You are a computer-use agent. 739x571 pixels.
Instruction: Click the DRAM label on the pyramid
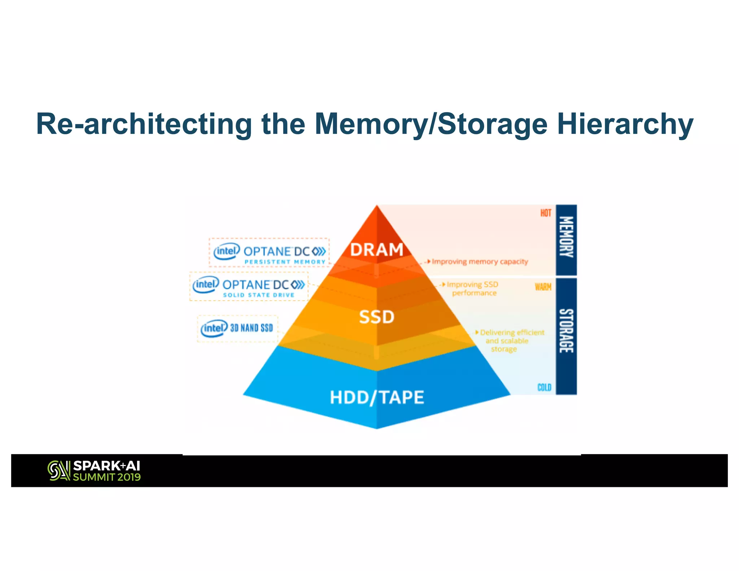coord(377,250)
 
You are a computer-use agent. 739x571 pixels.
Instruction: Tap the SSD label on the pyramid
coord(377,317)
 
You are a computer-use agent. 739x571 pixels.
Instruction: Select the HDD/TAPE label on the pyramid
coord(377,397)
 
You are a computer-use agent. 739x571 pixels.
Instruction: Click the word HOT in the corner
coord(546,213)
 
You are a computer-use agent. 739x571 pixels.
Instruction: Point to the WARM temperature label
coord(543,287)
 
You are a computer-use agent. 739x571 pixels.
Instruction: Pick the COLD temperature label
coord(544,387)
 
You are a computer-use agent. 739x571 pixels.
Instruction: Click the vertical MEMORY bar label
coord(566,237)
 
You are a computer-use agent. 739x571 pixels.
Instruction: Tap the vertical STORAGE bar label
coord(566,331)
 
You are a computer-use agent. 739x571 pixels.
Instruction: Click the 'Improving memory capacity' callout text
coord(480,261)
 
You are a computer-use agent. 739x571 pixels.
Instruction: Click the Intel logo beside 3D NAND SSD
coord(214,328)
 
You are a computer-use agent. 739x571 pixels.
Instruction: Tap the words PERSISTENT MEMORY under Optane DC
coord(285,262)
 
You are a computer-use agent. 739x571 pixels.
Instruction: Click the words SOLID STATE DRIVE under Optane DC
coord(259,295)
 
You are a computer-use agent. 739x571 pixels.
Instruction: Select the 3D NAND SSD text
coord(252,328)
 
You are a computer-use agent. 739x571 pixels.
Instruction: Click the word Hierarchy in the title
coord(625,124)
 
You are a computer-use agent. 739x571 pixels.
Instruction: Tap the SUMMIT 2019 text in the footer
coord(107,477)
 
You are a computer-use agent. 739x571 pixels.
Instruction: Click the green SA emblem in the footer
coord(58,471)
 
